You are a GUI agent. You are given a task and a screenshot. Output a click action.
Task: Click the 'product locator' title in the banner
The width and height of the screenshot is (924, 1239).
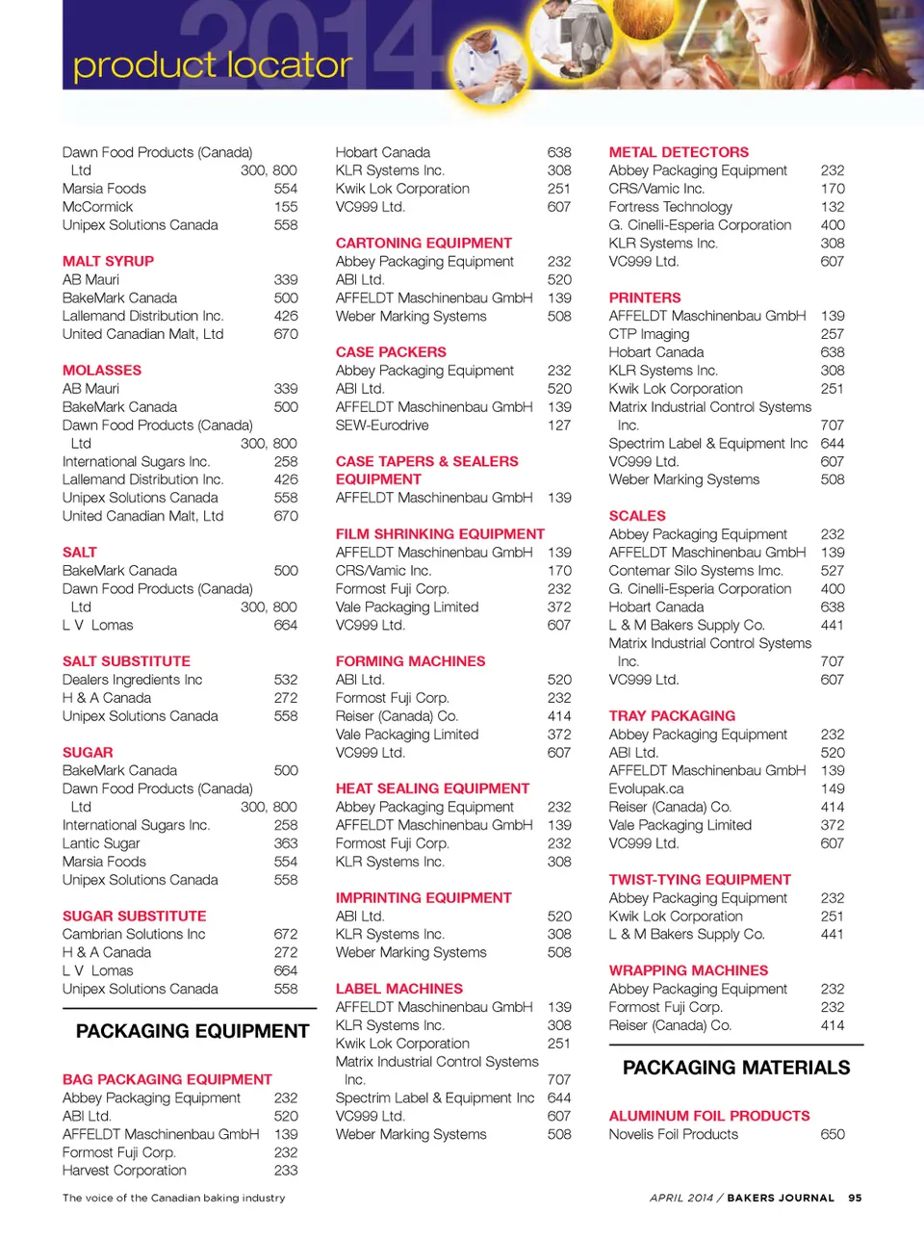click(212, 65)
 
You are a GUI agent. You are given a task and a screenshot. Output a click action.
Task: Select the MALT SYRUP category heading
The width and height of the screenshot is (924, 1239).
click(108, 261)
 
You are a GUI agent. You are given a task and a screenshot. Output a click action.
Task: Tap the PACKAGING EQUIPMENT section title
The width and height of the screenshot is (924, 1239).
click(192, 1031)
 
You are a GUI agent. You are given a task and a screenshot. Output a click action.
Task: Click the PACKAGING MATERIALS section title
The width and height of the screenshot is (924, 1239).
click(736, 1068)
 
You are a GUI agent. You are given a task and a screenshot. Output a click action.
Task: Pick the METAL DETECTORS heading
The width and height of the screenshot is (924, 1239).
click(679, 152)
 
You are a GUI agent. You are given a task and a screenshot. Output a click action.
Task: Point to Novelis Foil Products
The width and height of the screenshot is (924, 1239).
click(673, 1134)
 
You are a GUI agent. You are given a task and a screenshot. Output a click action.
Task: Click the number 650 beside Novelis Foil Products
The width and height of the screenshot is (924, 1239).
click(833, 1134)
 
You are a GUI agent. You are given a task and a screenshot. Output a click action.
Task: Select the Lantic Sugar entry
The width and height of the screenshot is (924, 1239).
click(101, 843)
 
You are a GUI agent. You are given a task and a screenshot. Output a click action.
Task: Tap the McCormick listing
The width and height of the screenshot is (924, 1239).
click(97, 207)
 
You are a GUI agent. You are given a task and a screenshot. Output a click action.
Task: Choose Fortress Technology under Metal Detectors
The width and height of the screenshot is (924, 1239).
click(670, 207)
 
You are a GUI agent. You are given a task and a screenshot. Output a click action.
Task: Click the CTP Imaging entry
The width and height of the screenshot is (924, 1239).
click(649, 334)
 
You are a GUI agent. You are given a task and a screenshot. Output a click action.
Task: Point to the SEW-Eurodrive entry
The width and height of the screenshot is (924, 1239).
click(382, 426)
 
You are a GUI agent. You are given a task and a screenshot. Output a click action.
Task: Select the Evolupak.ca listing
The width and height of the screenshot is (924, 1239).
click(646, 788)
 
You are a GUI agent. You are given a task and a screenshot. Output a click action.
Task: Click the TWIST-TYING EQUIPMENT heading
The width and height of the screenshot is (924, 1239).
click(700, 880)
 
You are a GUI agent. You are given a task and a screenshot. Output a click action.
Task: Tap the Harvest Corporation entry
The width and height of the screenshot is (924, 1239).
click(124, 1171)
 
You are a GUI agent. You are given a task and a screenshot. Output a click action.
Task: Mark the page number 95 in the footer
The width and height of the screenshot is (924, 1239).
click(855, 1198)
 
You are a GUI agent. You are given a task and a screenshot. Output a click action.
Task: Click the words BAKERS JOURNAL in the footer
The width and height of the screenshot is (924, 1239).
click(781, 1198)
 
